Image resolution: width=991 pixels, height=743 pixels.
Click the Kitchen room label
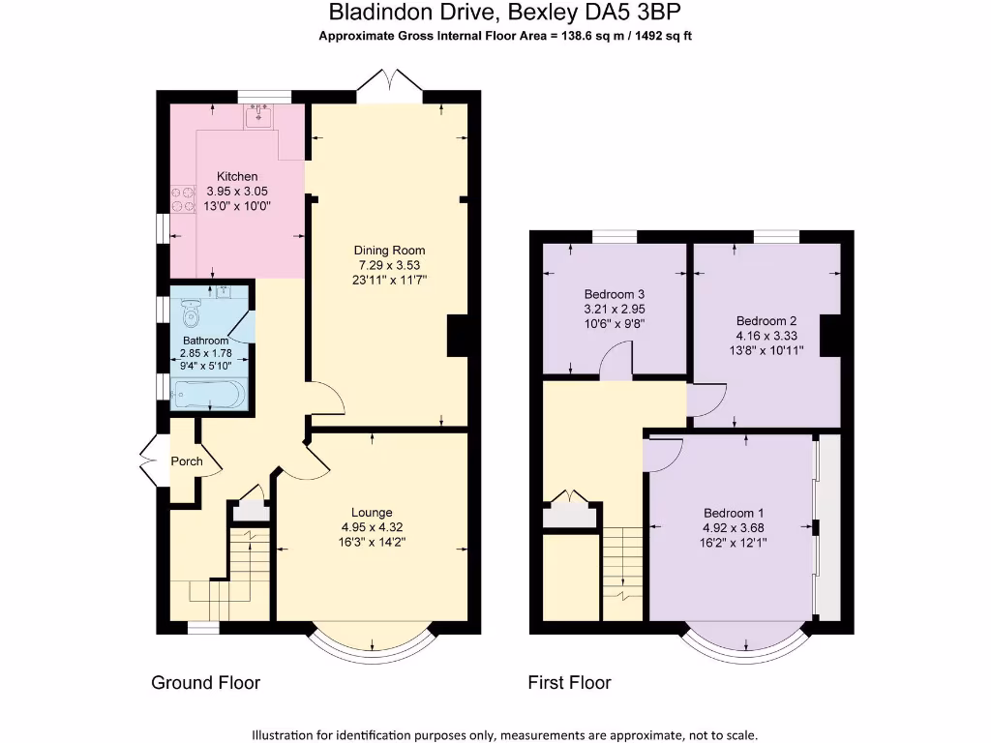point(237,176)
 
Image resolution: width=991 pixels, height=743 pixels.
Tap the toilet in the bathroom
point(191,311)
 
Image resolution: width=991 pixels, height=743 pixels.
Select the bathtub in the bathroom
point(208,394)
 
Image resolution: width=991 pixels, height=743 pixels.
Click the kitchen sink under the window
point(258,118)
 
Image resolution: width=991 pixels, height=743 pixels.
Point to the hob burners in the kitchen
point(182,199)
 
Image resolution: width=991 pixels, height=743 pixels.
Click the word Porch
point(187,461)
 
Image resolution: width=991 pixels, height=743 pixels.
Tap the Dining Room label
point(389,251)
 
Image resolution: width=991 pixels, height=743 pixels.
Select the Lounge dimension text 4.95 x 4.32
point(372,527)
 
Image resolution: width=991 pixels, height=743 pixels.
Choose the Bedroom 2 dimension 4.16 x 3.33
point(766,336)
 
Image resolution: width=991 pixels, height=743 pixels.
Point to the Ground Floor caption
point(205,683)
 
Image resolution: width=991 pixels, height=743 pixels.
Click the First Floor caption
point(569,683)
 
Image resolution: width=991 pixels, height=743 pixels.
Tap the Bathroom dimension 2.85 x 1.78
point(207,354)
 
